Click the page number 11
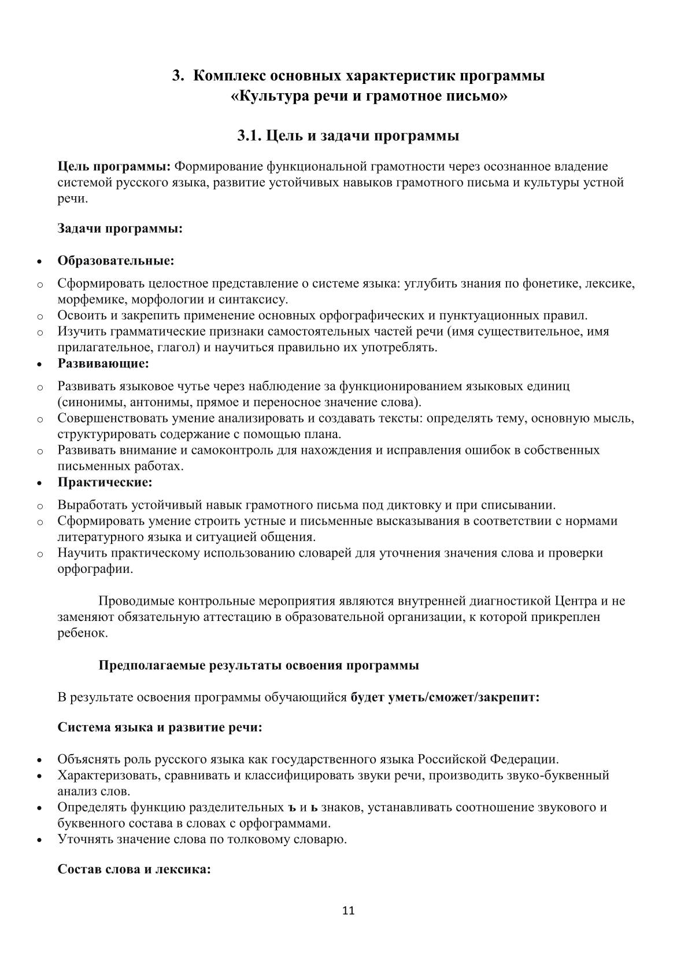pyautogui.click(x=348, y=910)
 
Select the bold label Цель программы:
pyautogui.click(x=114, y=167)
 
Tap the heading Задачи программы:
pyautogui.click(x=120, y=228)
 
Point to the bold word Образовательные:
pyautogui.click(x=116, y=260)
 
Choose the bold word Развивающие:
pyautogui.click(x=103, y=363)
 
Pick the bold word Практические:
pyautogui.click(x=105, y=482)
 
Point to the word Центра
pyautogui.click(x=575, y=601)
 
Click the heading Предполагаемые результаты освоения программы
pyautogui.click(x=258, y=665)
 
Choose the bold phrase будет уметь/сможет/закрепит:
pyautogui.click(x=445, y=697)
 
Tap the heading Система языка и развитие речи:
pyautogui.click(x=160, y=727)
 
